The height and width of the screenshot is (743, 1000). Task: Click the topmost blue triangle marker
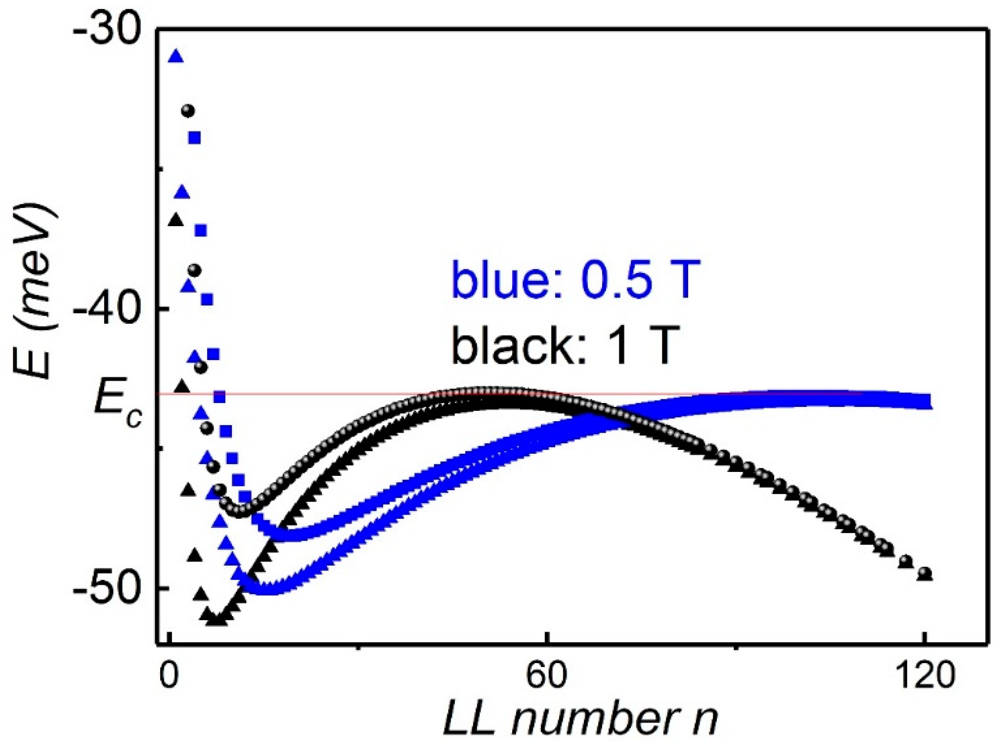coord(176,56)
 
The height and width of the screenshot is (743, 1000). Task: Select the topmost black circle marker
coord(188,111)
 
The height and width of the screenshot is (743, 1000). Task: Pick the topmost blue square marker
coord(194,138)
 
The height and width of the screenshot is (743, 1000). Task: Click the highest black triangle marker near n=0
coord(176,219)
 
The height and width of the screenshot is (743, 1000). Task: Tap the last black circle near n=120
coord(925,573)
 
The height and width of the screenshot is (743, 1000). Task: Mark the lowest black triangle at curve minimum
coord(215,620)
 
